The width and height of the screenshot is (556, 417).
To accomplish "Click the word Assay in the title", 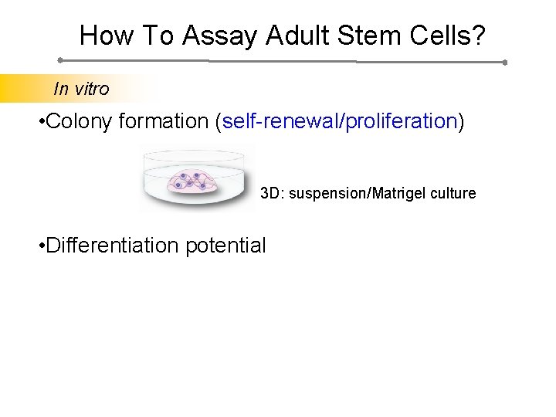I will tap(223, 35).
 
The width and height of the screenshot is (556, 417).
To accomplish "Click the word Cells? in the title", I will tap(449, 35).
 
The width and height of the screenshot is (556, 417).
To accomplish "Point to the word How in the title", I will tap(104, 35).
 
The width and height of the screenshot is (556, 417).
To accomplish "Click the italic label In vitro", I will tap(81, 89).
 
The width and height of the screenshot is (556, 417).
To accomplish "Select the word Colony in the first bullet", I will tap(85, 122).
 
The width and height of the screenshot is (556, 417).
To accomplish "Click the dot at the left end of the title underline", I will tap(60, 59).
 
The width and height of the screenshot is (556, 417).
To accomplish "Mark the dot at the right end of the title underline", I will tap(504, 63).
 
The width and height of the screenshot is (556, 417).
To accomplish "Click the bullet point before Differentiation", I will tap(41, 246).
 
